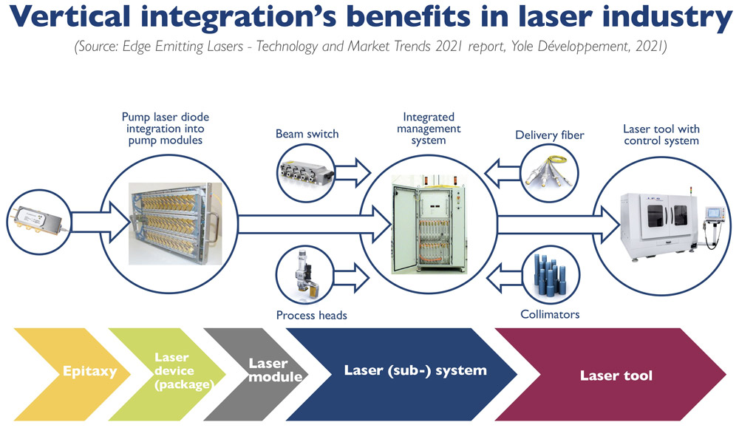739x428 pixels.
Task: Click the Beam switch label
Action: pyautogui.click(x=307, y=134)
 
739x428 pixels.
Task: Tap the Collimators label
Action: pyautogui.click(x=550, y=314)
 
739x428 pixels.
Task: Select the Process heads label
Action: pyautogui.click(x=311, y=315)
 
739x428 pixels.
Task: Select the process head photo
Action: pyautogui.click(x=306, y=275)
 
